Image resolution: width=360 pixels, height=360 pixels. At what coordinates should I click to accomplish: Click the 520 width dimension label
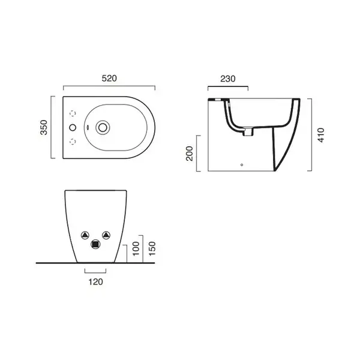(x=109, y=78)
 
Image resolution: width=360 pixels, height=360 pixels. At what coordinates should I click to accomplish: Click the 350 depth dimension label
(x=44, y=127)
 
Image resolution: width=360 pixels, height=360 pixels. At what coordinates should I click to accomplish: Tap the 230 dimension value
(x=228, y=79)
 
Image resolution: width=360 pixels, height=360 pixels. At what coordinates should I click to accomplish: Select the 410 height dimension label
(x=321, y=135)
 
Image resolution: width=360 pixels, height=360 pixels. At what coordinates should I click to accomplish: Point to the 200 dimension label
(x=190, y=154)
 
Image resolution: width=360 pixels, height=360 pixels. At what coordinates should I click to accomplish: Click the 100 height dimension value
(x=136, y=248)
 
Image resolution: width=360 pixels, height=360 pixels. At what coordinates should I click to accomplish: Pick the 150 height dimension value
(x=152, y=248)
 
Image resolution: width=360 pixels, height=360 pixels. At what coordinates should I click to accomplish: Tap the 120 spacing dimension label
(x=96, y=282)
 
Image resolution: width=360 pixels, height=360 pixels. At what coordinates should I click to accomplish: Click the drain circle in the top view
(x=103, y=127)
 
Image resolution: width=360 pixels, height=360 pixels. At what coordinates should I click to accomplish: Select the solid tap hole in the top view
(x=73, y=127)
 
